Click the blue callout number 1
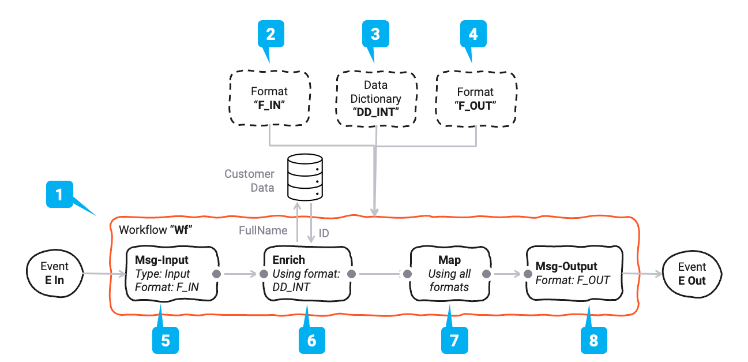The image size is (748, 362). coord(58,196)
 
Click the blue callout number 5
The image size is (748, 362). coord(166,339)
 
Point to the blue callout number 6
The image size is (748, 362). coord(311,339)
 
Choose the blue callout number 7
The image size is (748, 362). coord(454,339)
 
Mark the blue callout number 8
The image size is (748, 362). coord(593,339)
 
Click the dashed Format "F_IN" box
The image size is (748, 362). coord(269,98)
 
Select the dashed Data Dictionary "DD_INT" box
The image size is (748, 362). coord(375,98)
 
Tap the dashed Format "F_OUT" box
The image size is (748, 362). coord(475,98)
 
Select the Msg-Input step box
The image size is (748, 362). coord(172,274)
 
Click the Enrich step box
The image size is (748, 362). coord(307,274)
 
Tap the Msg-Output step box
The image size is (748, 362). coord(574,274)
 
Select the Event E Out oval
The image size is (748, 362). coord(691,274)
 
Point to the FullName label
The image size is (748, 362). coord(263,231)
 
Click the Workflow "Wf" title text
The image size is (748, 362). coord(155,230)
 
